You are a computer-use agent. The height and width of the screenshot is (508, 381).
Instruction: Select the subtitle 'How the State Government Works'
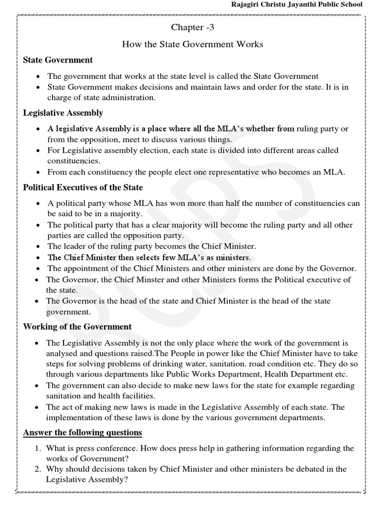[x=192, y=45]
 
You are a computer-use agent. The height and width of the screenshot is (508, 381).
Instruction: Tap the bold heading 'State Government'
[x=58, y=60]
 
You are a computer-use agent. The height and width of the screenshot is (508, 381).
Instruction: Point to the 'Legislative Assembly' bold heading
[x=63, y=113]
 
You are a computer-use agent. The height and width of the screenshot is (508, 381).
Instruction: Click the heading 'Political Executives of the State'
[x=83, y=188]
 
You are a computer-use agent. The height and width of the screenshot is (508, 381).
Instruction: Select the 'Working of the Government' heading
[x=77, y=327]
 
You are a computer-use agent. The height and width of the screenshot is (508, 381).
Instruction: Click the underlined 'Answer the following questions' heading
[x=82, y=433]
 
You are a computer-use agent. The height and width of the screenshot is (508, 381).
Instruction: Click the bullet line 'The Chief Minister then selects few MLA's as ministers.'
[x=149, y=257]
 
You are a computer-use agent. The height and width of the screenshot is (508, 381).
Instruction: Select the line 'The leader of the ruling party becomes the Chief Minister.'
[x=151, y=246]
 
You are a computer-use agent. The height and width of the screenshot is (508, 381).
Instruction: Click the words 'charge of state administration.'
[x=101, y=98]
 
